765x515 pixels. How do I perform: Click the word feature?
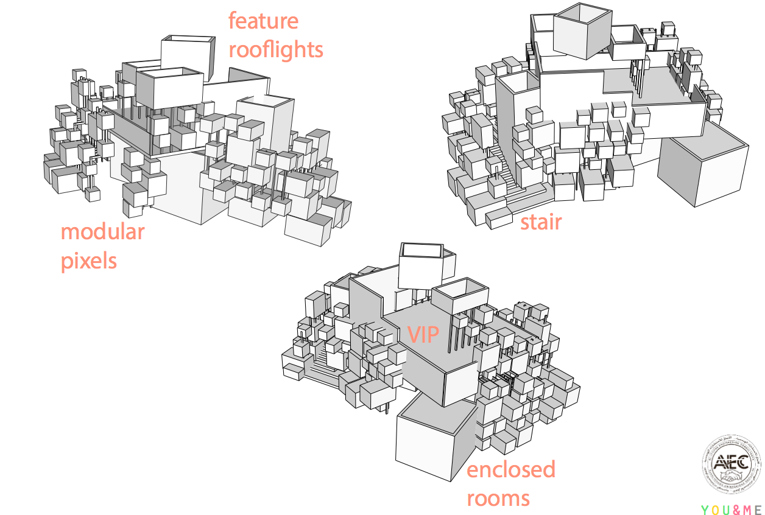pos(263,21)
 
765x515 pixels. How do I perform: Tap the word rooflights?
pos(276,50)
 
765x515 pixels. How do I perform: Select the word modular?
pos(102,232)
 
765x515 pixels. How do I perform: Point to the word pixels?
pos(88,261)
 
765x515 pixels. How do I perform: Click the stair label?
pos(540,223)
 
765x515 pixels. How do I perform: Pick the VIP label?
pos(423,334)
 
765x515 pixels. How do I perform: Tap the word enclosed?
pos(511,469)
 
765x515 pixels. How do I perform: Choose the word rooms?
pos(498,499)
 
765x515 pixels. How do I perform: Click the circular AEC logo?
pos(731,468)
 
